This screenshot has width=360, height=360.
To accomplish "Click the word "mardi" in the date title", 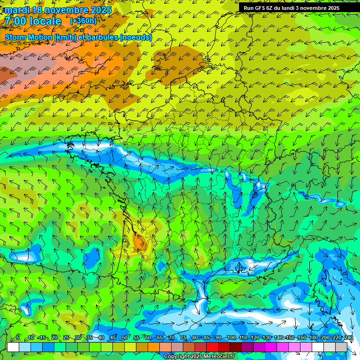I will tap(17, 10).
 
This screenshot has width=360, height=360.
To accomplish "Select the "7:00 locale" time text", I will tap(33, 21).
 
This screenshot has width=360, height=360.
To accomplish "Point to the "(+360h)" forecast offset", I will tap(83, 21).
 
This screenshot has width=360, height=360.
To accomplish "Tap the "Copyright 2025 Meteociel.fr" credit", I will tap(199, 357).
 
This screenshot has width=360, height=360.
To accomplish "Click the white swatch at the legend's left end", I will tap(13, 347).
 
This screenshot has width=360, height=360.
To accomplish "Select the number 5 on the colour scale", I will tap(18, 337).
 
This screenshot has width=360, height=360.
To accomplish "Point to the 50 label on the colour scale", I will tap(124, 337).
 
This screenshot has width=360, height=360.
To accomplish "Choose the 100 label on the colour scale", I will tap(231, 337).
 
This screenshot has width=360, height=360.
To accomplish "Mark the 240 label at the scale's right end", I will tap(349, 337).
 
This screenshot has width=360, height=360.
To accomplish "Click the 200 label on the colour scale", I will tap(325, 337).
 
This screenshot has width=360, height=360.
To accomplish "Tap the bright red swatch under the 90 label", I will tap(213, 347).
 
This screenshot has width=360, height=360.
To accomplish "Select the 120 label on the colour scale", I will tap(255, 337).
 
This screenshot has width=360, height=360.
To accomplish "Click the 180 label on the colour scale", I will tap(313, 337).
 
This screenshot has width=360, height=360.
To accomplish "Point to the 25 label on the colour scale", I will tap(66, 337).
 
